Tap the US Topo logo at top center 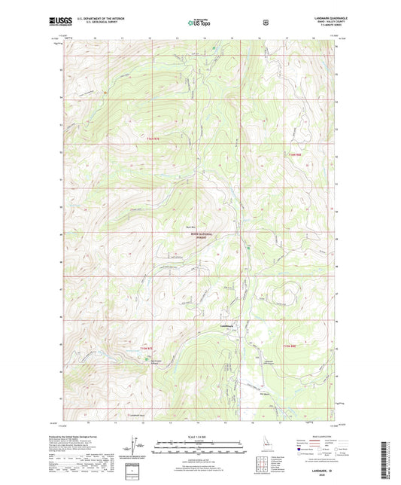(x=198, y=23)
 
